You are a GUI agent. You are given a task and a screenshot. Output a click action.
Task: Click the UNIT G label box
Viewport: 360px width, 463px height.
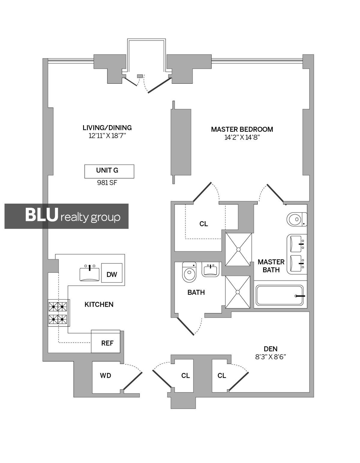[x=109, y=171]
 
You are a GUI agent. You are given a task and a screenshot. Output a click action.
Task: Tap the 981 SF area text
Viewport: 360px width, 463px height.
[x=107, y=183]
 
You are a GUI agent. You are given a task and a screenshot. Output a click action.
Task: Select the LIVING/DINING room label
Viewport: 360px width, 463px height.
[x=107, y=128]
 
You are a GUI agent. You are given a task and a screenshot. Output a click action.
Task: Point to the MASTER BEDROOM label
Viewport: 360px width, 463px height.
[x=242, y=129]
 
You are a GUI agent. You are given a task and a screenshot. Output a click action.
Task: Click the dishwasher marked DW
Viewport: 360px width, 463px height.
[x=112, y=273]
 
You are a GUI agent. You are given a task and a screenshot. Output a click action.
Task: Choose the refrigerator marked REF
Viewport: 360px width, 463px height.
[x=106, y=341]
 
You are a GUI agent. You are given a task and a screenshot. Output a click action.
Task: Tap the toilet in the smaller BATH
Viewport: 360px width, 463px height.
[x=189, y=272]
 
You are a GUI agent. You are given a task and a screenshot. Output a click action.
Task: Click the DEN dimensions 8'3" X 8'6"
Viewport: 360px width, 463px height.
[x=271, y=357]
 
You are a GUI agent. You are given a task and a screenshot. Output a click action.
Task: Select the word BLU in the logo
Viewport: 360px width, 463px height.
[x=41, y=215]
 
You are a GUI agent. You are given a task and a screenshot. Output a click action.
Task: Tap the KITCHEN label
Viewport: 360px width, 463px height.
[x=99, y=305]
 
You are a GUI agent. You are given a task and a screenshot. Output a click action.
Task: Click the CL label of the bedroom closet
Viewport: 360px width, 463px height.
[x=204, y=224]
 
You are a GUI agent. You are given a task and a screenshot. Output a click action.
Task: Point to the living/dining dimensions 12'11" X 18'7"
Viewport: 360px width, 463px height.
[x=107, y=136]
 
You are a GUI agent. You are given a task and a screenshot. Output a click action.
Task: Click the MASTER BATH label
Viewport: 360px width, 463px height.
[x=271, y=266]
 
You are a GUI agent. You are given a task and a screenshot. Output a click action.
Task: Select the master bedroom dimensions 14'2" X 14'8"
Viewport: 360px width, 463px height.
[x=242, y=137]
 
